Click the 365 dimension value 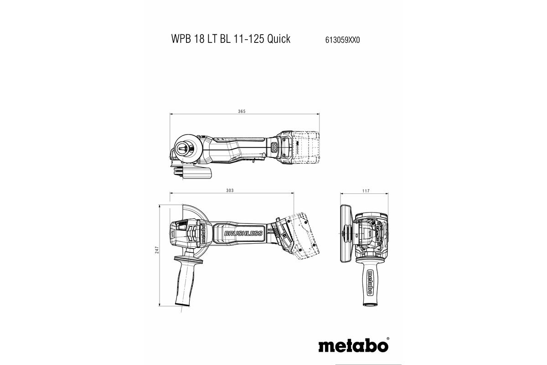[x=243, y=111]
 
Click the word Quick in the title [x=279, y=39]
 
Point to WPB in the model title [x=181, y=39]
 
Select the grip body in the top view [x=237, y=148]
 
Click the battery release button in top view [x=274, y=147]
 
